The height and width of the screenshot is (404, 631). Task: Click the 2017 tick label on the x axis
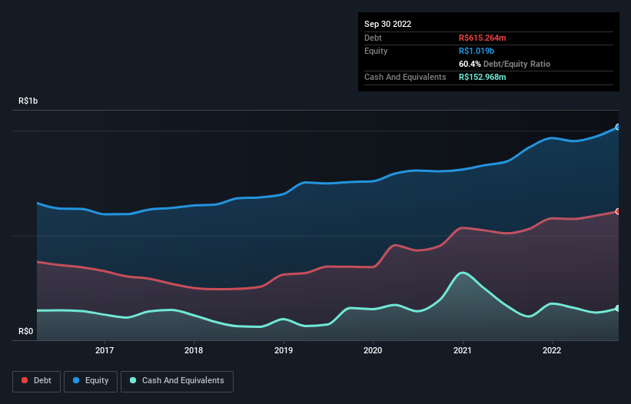[105, 351]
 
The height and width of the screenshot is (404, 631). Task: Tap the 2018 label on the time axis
[194, 351]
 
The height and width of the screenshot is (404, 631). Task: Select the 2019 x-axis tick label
[284, 351]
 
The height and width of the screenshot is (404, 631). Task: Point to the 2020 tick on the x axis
[373, 351]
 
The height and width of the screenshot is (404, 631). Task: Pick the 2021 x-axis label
[463, 351]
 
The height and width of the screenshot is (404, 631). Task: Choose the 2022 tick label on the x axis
[552, 351]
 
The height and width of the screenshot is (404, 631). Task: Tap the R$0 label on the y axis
[26, 332]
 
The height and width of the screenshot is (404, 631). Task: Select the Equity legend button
[91, 381]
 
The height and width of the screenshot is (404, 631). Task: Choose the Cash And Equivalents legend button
[177, 381]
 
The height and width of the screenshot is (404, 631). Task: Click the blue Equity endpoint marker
[617, 127]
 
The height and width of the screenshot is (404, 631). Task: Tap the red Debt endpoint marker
[617, 211]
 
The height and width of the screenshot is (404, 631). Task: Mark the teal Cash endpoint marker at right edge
[617, 308]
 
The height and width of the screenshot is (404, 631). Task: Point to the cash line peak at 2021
[462, 273]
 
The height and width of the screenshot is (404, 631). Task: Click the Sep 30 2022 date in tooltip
[387, 24]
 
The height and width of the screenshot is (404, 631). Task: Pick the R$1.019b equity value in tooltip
[477, 51]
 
